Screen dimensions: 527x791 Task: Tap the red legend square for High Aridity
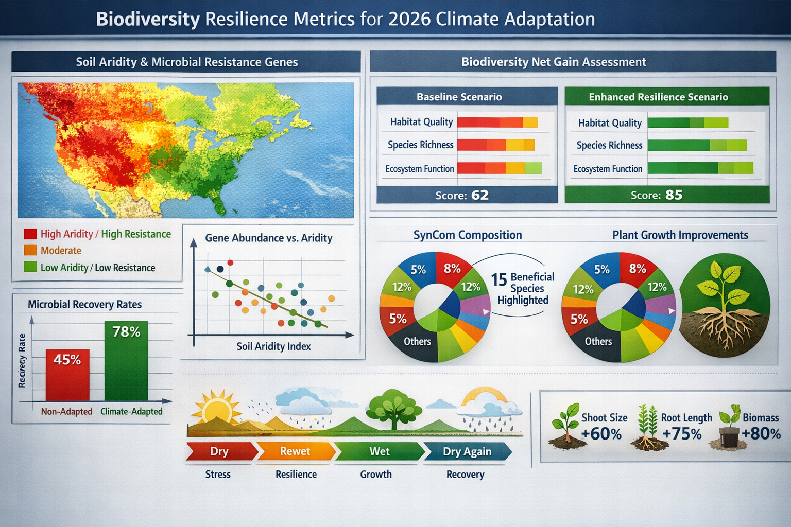(30, 234)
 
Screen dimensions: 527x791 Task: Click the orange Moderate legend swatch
(30, 251)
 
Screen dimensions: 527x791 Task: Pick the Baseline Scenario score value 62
(479, 195)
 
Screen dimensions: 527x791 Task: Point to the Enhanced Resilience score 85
(674, 195)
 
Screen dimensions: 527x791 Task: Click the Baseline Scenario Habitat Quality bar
(497, 122)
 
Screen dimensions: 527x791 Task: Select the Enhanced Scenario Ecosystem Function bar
(700, 168)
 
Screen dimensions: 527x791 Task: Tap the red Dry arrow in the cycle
(220, 451)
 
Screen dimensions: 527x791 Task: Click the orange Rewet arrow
(295, 451)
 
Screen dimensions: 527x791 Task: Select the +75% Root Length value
(682, 434)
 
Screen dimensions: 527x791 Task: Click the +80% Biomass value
(761, 433)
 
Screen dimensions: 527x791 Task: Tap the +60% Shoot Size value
(601, 434)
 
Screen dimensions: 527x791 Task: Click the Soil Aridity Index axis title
(273, 346)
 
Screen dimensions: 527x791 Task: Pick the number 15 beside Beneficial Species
(498, 279)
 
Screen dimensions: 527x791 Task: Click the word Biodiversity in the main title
(148, 19)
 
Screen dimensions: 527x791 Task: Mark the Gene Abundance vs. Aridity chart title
(268, 238)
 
